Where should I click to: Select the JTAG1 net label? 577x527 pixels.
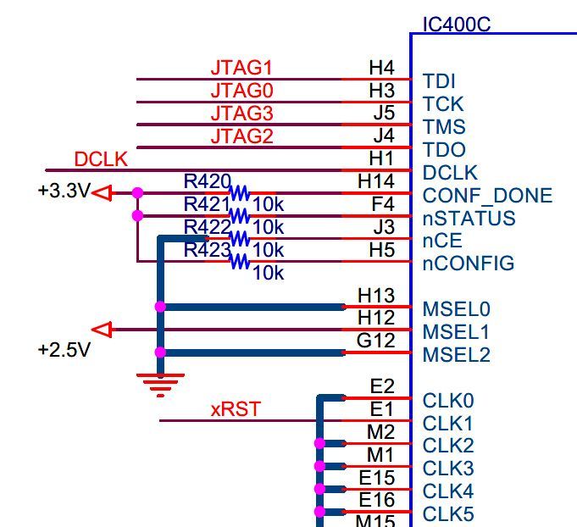(241, 68)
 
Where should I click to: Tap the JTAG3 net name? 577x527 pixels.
(241, 114)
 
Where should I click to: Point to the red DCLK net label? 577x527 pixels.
(101, 159)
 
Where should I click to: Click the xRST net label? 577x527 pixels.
(236, 410)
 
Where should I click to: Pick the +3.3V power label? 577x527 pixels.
(63, 191)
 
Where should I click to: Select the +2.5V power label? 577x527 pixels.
(64, 349)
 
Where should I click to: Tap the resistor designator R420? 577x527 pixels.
(207, 181)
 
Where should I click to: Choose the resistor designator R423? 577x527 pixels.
(207, 250)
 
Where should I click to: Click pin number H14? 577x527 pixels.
(375, 181)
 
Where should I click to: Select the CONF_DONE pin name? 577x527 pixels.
(487, 197)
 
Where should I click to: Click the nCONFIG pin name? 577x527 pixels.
(468, 263)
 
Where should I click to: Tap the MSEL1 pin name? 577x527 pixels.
(456, 332)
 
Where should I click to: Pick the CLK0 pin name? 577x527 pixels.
(448, 401)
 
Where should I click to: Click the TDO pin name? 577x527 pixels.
(444, 151)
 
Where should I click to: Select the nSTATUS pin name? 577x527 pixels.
(469, 219)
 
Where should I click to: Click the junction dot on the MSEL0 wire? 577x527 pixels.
(160, 307)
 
